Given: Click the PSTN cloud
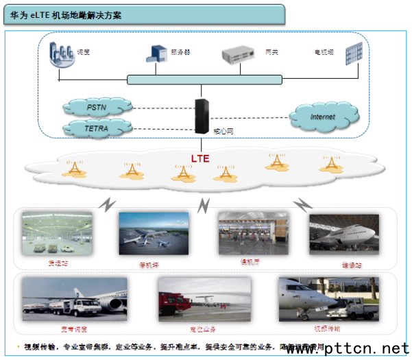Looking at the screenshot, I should click(97, 108).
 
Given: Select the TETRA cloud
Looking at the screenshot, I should click(95, 128).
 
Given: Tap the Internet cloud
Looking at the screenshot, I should click(322, 117).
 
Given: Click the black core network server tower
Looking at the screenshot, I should click(202, 116).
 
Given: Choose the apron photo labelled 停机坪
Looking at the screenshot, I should click(154, 232).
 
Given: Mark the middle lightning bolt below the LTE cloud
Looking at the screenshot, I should click(203, 204).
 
